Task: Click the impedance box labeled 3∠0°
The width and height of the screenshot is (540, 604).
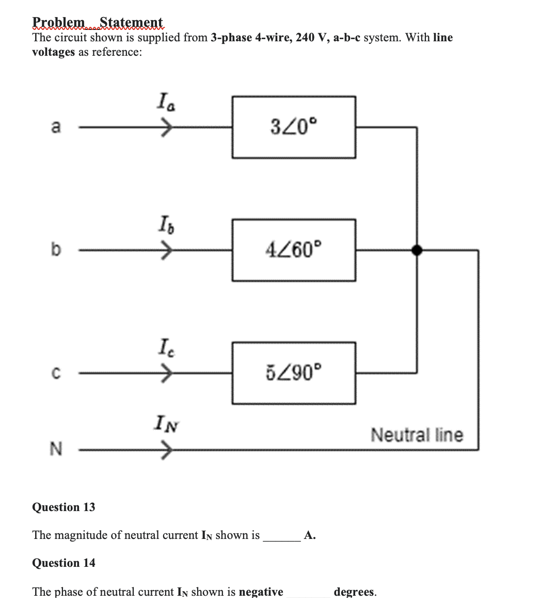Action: pyautogui.click(x=294, y=126)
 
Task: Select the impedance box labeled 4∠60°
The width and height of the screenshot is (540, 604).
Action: pyautogui.click(x=294, y=250)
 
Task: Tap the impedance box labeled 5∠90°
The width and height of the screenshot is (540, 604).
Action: pyautogui.click(x=294, y=372)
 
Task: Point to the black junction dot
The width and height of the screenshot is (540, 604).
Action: pyautogui.click(x=416, y=250)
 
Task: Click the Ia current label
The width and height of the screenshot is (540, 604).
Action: pyautogui.click(x=164, y=100)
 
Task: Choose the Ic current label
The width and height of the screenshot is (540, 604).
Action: pyautogui.click(x=163, y=346)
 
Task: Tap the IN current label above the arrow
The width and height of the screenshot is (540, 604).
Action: pyautogui.click(x=164, y=426)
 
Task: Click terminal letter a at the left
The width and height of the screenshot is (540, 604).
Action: pyautogui.click(x=56, y=127)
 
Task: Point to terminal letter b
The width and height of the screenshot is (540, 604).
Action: pyautogui.click(x=55, y=250)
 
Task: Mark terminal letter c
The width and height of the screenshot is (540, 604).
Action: pyautogui.click(x=55, y=373)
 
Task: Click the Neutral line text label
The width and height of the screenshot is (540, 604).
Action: pyautogui.click(x=417, y=435)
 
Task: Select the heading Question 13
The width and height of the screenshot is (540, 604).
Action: pyautogui.click(x=63, y=507)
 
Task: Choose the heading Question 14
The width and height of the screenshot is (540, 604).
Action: pyautogui.click(x=63, y=563)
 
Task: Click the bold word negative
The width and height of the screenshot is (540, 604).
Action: pyautogui.click(x=261, y=592)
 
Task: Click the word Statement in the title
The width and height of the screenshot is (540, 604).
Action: pyautogui.click(x=131, y=23)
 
